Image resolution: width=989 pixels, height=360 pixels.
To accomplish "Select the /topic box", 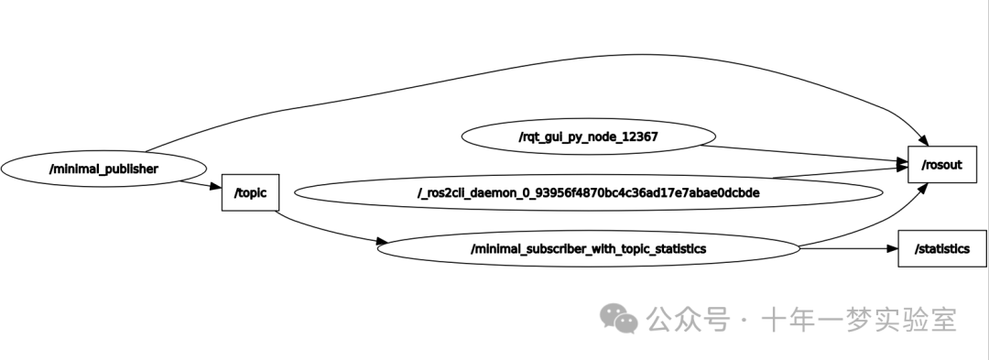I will [249, 192].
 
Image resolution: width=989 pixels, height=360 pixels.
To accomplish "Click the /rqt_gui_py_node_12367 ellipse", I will [588, 137].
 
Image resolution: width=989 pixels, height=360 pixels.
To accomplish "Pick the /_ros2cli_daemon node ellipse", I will [588, 193].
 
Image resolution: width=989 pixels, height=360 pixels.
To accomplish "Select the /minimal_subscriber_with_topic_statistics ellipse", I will [588, 248].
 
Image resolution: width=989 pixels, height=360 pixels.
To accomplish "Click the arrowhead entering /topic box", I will [216, 188].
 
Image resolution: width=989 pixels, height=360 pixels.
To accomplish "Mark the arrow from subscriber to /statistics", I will [847, 248].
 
